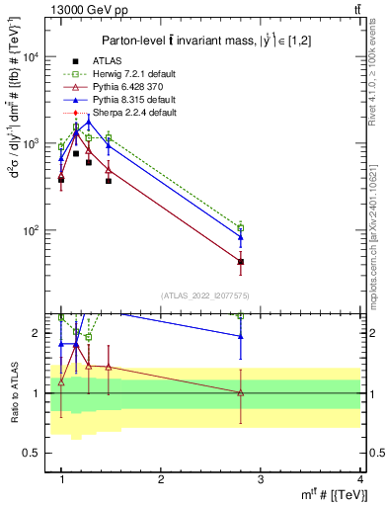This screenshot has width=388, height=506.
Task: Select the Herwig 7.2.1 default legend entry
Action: (135, 75)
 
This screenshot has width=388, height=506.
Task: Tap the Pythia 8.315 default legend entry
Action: (135, 101)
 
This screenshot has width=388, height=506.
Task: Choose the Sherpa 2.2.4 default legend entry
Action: (135, 114)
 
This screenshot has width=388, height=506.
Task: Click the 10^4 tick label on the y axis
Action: (37, 56)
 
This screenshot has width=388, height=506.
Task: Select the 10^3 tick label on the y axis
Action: (37, 143)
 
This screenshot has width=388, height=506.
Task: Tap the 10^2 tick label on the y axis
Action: (37, 230)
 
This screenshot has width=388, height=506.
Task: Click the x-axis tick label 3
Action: (260, 479)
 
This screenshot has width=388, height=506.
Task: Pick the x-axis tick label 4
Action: (359, 479)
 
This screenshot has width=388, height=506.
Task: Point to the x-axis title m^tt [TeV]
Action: (332, 495)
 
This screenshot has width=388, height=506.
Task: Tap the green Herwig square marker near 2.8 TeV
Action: (240, 227)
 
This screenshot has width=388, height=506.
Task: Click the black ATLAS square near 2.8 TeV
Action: (240, 262)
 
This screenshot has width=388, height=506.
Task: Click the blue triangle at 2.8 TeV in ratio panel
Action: (240, 337)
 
